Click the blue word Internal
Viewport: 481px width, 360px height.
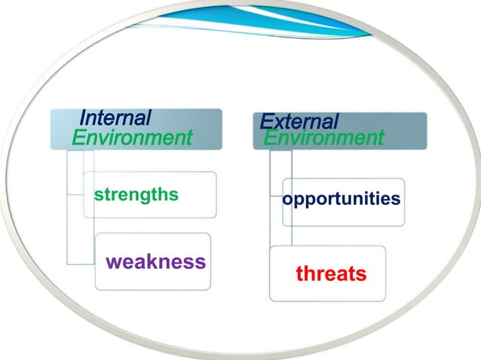tap(115, 118)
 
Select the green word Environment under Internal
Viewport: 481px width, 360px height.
tap(132, 138)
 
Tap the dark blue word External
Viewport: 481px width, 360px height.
tap(299, 121)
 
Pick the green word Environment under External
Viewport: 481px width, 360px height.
tap(323, 139)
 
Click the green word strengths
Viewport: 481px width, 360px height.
tap(136, 195)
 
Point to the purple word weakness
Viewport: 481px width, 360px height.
tap(155, 261)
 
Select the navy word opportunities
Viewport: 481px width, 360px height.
tap(342, 199)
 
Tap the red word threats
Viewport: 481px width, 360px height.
tap(331, 273)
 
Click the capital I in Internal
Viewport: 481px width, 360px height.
tap(82, 118)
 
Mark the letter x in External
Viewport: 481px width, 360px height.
tap(276, 122)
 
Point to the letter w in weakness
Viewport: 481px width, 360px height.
tap(114, 262)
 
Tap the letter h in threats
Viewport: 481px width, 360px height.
tap(310, 272)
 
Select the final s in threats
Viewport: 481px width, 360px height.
tap(361, 273)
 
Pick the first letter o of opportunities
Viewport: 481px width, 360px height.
tap(288, 200)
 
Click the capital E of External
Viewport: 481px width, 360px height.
tap(265, 121)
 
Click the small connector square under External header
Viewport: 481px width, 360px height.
tap(280, 161)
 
